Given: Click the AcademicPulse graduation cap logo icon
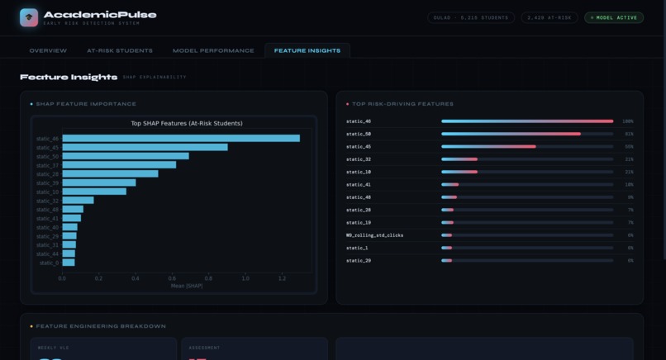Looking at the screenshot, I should [29, 17].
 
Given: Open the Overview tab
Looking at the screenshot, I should [48, 50].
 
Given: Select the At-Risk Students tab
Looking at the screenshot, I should [120, 50].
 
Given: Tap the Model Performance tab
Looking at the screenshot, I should [213, 50].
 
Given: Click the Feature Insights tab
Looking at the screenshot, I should [307, 50].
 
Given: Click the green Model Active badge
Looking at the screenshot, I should [614, 17].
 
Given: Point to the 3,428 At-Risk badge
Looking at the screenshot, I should [549, 17].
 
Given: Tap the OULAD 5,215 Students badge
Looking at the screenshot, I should [471, 17].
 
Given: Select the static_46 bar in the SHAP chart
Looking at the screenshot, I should [181, 139].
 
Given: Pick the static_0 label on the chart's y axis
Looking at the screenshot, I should [49, 263].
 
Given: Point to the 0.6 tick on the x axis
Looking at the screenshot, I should [172, 278].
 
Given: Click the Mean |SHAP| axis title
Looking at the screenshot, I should [187, 286].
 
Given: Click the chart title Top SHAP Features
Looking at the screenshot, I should [187, 124].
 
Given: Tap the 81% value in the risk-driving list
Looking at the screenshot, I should [629, 134].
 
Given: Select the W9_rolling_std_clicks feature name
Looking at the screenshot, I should [374, 235].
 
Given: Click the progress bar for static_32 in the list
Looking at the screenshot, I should [526, 159].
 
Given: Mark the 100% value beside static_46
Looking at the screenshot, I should [628, 121].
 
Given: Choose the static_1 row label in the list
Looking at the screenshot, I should [357, 248].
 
